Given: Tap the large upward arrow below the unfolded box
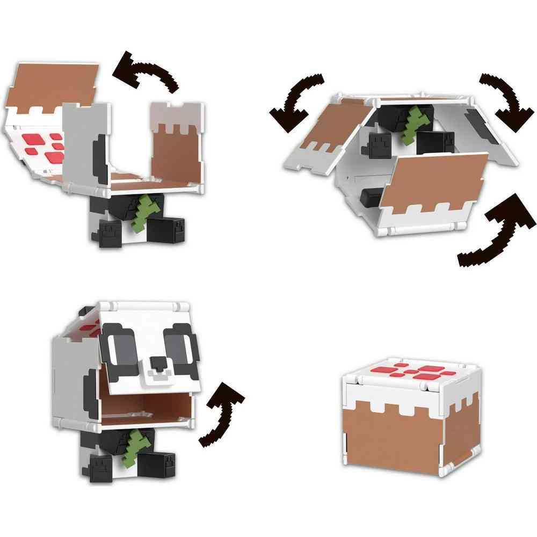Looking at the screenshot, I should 491,231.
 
